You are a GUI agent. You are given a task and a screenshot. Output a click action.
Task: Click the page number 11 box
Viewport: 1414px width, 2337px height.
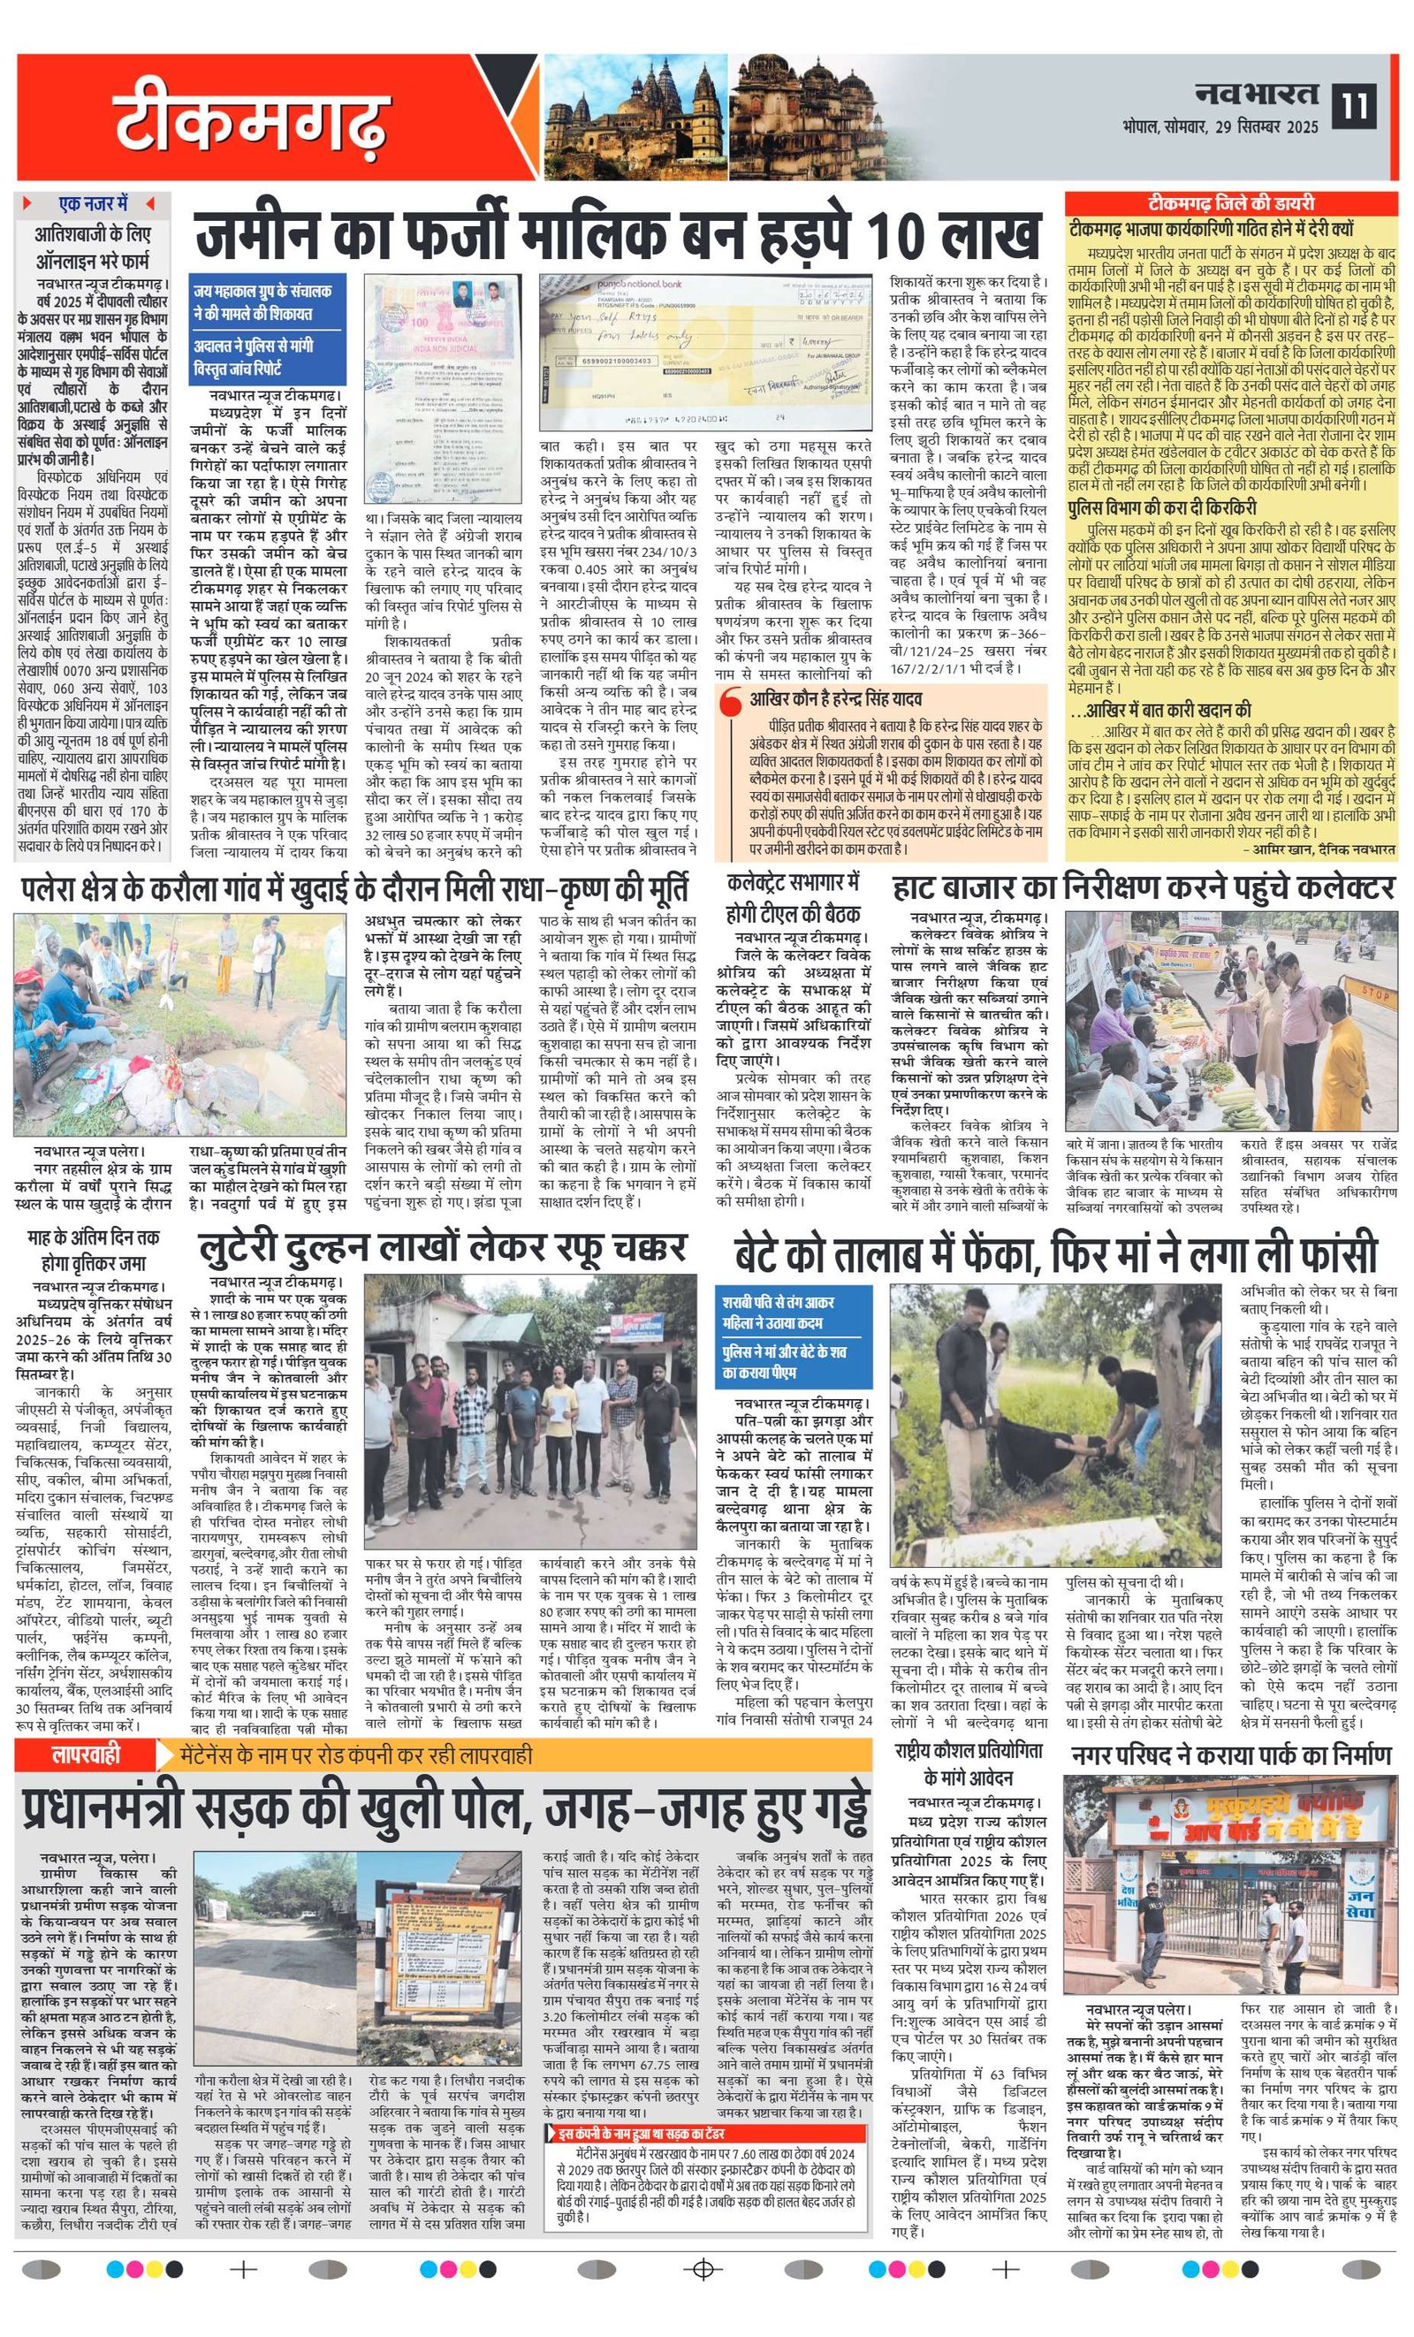tap(1354, 105)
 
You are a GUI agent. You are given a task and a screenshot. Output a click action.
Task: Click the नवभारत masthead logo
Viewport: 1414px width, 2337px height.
tap(1256, 93)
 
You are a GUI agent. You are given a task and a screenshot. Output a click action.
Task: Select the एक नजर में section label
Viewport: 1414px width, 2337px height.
tap(93, 204)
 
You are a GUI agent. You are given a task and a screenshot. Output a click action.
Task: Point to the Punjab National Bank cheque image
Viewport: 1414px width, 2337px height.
tap(706, 353)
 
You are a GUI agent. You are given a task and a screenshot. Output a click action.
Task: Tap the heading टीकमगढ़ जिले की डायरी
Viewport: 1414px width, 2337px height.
tap(1231, 203)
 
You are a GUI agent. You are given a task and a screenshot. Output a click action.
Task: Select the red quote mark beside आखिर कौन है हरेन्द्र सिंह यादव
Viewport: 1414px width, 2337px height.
tap(729, 704)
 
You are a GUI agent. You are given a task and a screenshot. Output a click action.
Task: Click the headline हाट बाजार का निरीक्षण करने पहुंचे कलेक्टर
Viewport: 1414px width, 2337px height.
tap(1143, 888)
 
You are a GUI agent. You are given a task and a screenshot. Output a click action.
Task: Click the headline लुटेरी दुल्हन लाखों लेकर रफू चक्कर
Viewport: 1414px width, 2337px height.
tap(441, 1249)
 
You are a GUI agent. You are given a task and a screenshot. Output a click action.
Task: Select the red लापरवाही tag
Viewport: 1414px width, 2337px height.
tap(87, 1755)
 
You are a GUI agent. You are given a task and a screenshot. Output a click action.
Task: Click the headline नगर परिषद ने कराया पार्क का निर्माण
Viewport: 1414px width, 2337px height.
tap(1231, 1755)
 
